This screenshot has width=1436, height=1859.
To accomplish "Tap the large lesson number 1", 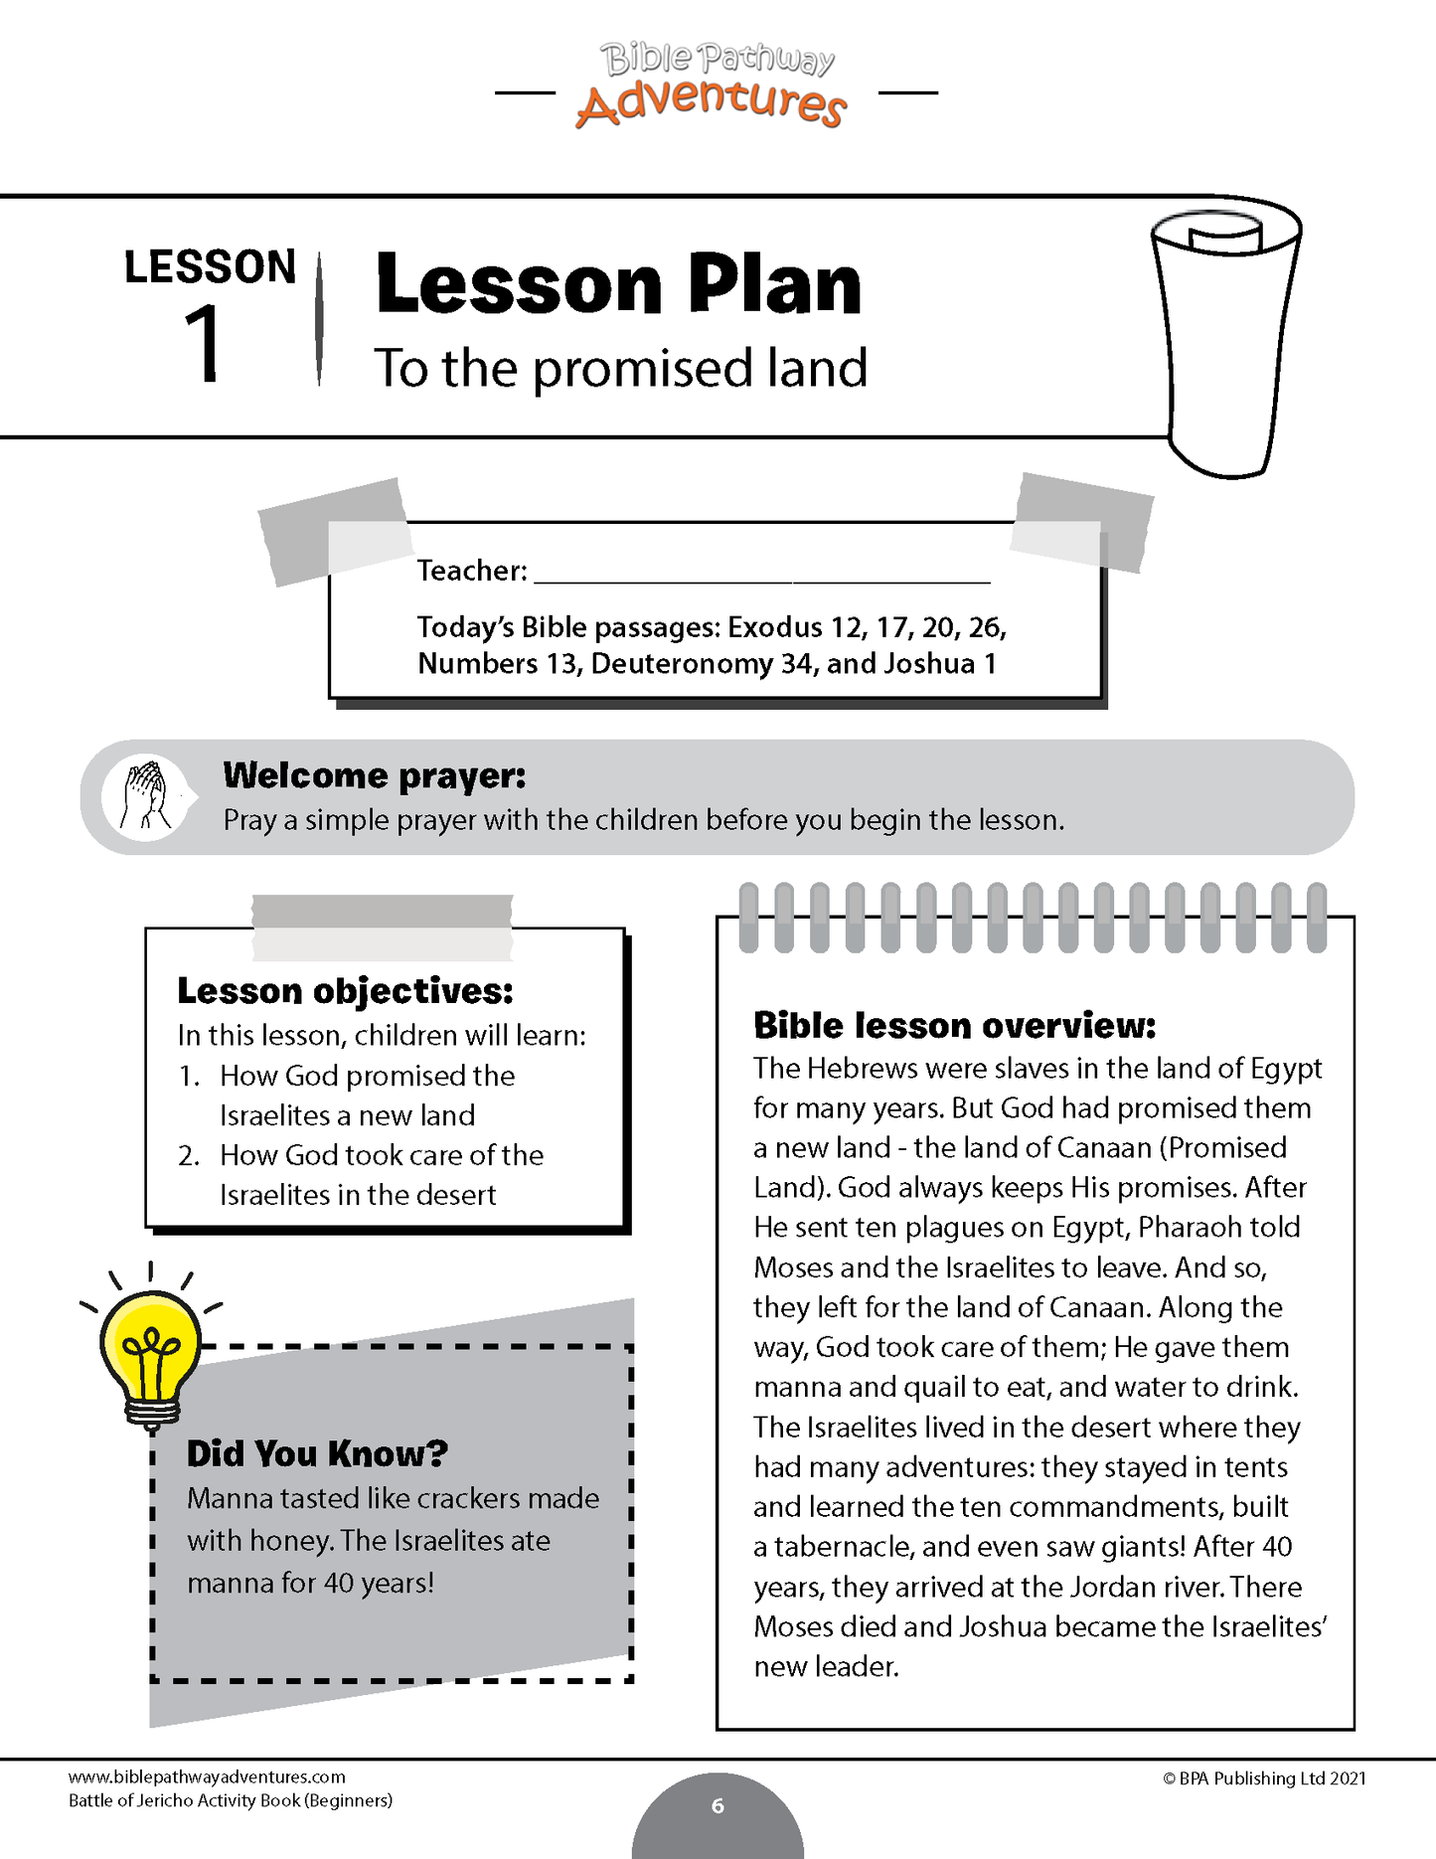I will click(203, 344).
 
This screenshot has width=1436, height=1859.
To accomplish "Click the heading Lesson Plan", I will click(618, 285).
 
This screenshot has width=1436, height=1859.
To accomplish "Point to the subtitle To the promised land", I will click(620, 369).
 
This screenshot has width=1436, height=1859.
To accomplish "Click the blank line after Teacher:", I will click(761, 573).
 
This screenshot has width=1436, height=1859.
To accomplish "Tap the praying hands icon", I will click(145, 797).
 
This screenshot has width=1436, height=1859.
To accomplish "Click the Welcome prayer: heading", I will click(374, 775).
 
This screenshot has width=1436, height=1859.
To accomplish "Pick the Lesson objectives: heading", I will click(345, 991).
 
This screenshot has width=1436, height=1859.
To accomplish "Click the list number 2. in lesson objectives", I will click(189, 1156).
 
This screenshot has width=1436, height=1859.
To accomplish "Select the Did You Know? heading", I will click(317, 1454).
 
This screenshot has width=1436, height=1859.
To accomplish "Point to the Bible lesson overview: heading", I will click(954, 1026).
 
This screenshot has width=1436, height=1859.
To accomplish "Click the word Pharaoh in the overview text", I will click(1189, 1228).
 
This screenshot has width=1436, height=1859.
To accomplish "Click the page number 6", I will click(718, 1806).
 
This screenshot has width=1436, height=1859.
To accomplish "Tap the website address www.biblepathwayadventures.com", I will click(207, 1777).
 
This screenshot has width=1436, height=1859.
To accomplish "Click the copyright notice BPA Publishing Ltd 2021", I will click(1264, 1778).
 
